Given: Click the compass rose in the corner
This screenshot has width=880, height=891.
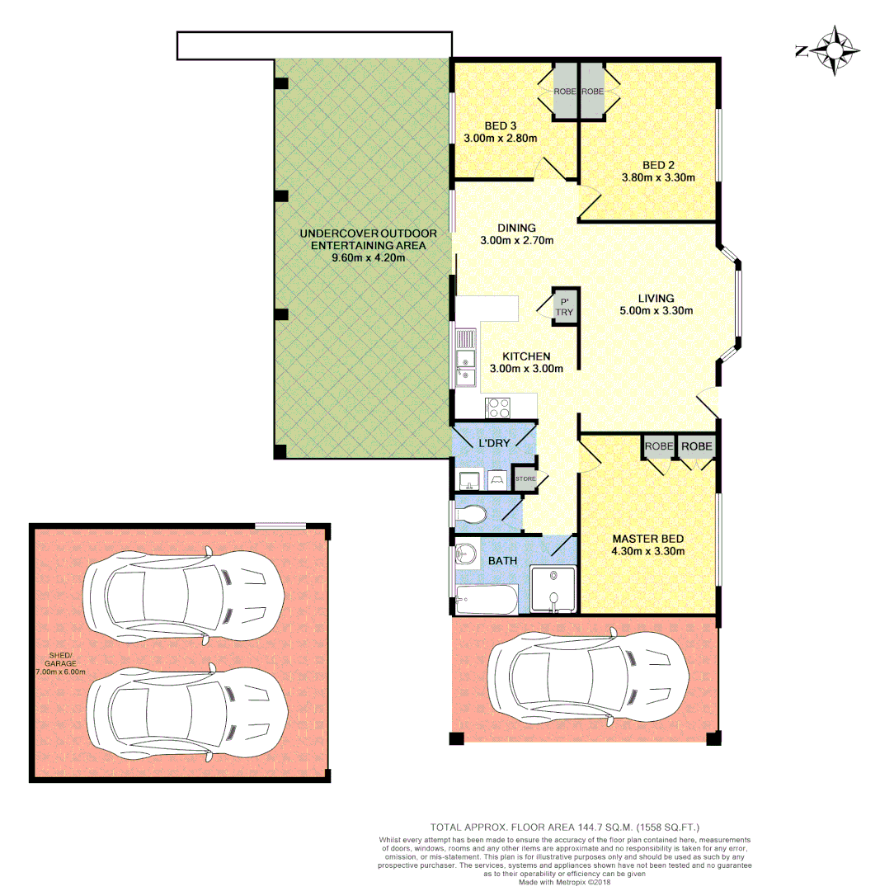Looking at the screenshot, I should tap(833, 51).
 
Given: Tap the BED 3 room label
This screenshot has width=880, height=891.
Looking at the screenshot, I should tap(501, 125).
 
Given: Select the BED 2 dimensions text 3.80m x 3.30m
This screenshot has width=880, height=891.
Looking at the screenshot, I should tap(657, 177).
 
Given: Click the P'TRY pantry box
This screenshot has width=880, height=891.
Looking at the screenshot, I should tap(565, 307).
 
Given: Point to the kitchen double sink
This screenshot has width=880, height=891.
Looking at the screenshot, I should tap(465, 357).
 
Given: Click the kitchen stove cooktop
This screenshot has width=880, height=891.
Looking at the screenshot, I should tap(498, 406).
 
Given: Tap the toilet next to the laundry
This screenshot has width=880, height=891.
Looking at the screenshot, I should tap(473, 515).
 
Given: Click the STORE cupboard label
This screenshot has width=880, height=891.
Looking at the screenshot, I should tap(525, 478).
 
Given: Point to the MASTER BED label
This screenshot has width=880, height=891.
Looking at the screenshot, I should tap(647, 539).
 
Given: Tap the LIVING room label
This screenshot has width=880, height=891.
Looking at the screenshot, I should tap(656, 298).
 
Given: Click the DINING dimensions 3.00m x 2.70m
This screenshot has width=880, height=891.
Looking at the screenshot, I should tap(516, 241).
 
